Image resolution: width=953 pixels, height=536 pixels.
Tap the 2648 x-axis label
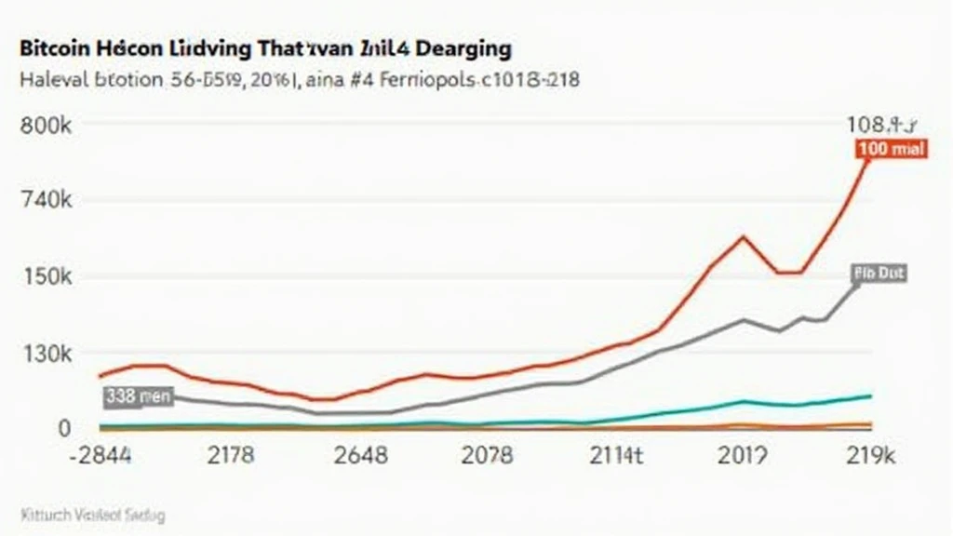click(x=360, y=457)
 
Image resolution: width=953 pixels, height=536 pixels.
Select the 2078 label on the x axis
click(x=487, y=457)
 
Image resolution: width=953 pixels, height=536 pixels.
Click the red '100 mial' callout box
click(x=891, y=150)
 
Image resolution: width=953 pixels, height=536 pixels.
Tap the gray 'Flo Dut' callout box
click(x=879, y=274)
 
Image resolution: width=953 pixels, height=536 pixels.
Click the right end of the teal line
click(x=870, y=396)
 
